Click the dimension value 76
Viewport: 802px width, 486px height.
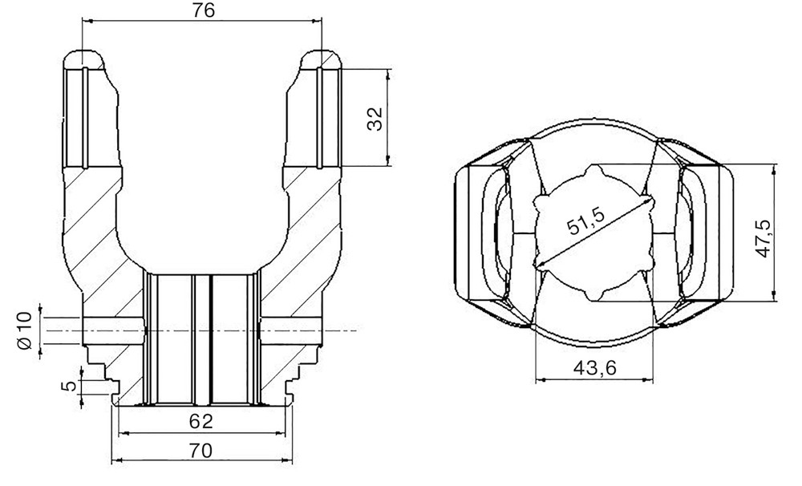tap(204, 10)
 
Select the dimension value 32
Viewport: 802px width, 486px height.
tap(375, 119)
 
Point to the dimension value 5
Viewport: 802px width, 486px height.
tap(68, 385)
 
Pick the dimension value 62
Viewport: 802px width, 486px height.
tap(201, 422)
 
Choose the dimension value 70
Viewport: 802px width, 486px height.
tap(201, 451)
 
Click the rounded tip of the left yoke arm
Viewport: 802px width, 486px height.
tap(84, 54)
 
